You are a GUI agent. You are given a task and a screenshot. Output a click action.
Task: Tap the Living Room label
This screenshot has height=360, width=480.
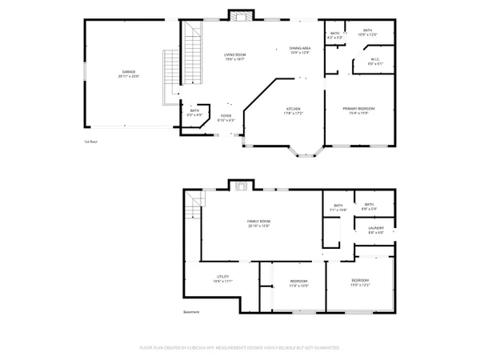234,56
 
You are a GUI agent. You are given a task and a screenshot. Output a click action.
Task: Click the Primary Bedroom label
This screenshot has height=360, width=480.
358,110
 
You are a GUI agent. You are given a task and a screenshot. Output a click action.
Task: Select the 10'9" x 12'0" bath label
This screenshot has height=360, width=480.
367,33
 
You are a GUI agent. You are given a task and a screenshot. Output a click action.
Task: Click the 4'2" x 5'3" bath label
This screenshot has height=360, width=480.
334,35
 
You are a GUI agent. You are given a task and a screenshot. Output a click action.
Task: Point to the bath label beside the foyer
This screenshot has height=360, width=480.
194,113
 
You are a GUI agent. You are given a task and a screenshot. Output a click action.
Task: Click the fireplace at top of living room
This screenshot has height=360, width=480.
239,14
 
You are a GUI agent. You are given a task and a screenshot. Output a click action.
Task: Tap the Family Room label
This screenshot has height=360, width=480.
258,223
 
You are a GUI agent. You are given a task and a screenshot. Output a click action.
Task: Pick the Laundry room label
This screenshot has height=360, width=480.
376,230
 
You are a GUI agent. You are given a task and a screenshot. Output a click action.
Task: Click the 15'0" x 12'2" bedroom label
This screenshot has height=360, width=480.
361,282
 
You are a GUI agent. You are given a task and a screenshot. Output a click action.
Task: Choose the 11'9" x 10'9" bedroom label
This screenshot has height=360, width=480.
298,283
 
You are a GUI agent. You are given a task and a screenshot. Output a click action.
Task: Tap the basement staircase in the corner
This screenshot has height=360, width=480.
190,211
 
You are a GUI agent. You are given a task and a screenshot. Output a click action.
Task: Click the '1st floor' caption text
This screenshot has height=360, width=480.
90,142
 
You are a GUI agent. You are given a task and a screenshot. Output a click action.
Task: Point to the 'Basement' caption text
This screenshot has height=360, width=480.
191,312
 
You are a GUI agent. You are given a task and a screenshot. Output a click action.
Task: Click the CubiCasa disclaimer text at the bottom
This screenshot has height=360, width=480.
240,348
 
